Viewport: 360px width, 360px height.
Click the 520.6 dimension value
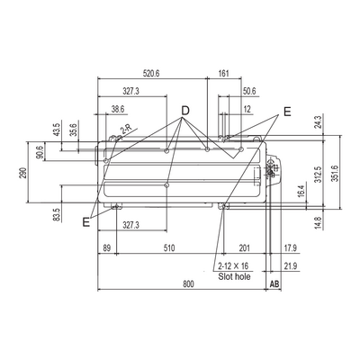[151, 74]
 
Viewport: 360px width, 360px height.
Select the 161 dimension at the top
[224, 74]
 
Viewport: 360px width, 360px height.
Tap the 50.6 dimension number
[249, 91]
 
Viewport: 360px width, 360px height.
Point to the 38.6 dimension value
[118, 109]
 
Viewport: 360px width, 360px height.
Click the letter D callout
[185, 111]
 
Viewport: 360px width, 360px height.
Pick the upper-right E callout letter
[287, 112]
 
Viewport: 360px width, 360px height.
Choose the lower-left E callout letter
[86, 222]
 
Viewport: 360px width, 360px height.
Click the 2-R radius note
[126, 129]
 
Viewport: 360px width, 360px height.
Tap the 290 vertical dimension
[23, 173]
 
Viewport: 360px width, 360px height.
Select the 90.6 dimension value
[40, 151]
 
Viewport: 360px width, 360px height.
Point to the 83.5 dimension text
[57, 215]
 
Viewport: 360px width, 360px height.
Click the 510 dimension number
[169, 248]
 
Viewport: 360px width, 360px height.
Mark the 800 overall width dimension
[188, 283]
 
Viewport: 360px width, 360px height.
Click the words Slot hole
[234, 276]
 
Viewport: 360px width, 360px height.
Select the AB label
[274, 283]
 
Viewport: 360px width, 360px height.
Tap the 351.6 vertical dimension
[335, 174]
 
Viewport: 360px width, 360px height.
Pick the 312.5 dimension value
[319, 175]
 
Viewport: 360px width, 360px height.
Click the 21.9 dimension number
[291, 265]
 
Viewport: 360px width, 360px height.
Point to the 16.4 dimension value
[301, 191]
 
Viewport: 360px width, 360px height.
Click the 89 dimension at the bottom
[107, 248]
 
